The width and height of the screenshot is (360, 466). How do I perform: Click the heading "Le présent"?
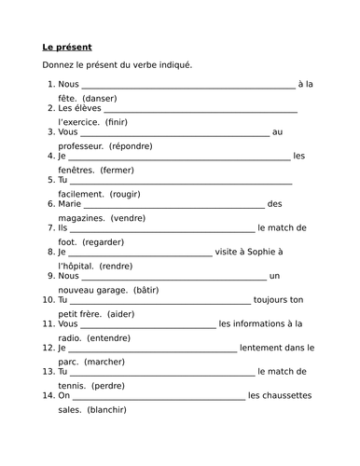tap(67, 47)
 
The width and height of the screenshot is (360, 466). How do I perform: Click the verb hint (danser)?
tap(105, 98)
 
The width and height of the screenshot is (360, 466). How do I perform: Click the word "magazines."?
tap(82, 217)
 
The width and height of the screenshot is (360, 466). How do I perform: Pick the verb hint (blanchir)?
tap(106, 409)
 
